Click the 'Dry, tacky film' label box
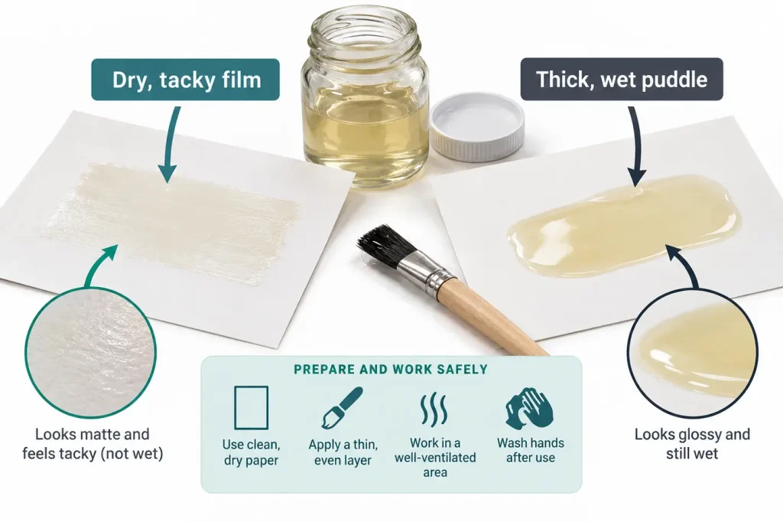click(x=185, y=80)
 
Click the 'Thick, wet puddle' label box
click(x=622, y=80)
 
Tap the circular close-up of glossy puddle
click(x=692, y=352)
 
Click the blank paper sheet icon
click(x=251, y=407)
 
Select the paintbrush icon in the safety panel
click(x=342, y=407)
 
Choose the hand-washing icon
click(x=529, y=406)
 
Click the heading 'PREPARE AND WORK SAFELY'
click(x=391, y=370)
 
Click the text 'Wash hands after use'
click(x=531, y=450)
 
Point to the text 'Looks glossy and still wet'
click(x=692, y=444)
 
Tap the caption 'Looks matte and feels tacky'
click(x=93, y=444)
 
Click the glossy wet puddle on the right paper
click(x=624, y=226)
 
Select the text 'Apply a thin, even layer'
click(x=343, y=452)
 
